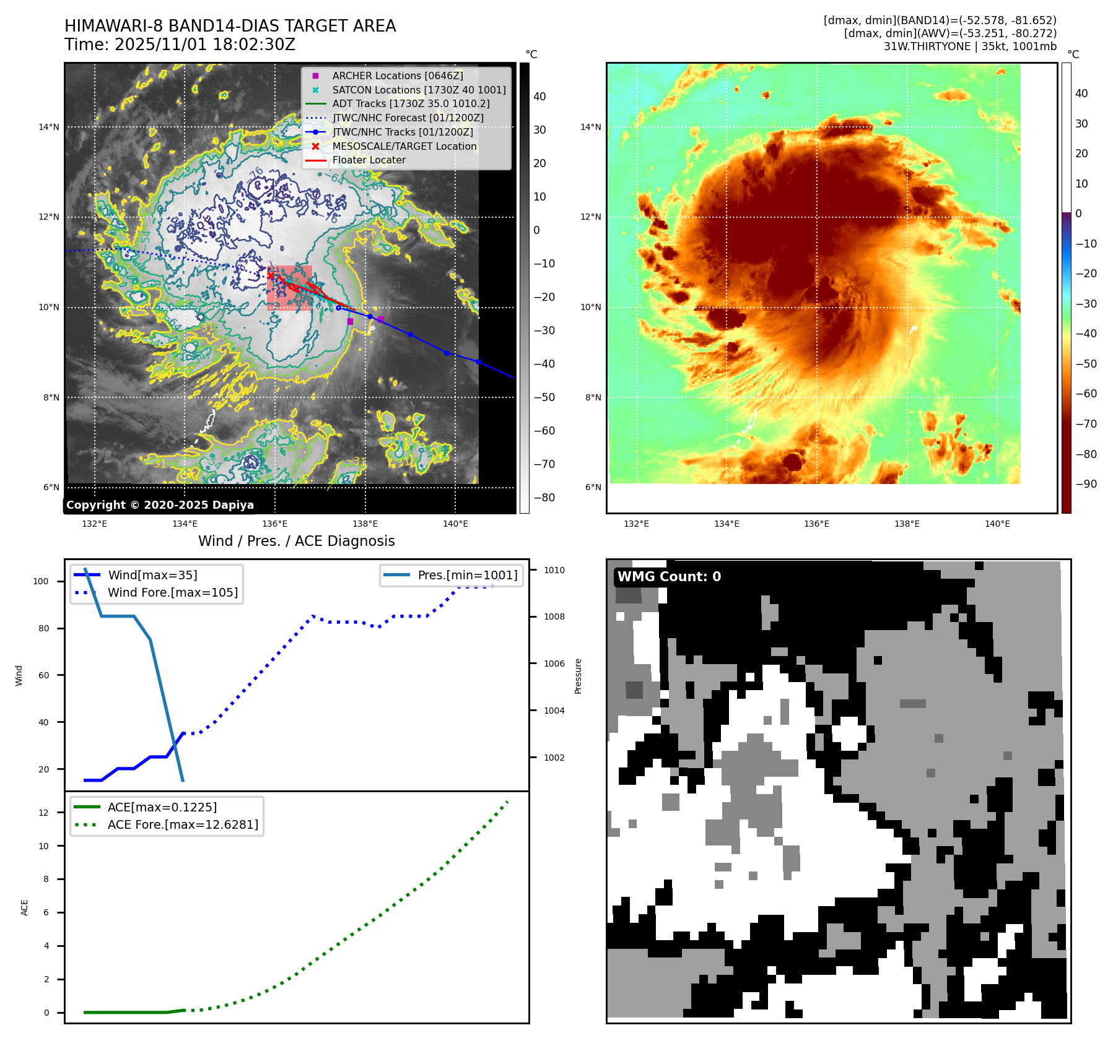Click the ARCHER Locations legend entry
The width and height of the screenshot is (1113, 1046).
397,76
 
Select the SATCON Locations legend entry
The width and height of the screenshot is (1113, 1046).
419,90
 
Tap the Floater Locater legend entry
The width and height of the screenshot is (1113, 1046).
369,160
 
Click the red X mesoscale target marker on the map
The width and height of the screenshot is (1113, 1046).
270,275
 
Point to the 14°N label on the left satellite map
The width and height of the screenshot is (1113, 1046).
49,128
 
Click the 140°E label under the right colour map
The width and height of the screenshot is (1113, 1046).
997,524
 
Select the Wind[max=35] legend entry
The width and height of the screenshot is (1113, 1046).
152,575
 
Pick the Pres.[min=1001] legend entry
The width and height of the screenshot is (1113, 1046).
467,575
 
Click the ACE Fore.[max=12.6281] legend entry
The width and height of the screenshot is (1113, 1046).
182,824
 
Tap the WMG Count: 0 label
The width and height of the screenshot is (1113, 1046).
669,577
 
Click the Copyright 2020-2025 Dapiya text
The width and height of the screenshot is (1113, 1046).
160,505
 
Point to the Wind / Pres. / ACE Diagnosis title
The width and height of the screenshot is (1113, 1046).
296,541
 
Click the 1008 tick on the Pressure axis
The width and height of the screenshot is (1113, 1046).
554,616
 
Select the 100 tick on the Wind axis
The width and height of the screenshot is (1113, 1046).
41,581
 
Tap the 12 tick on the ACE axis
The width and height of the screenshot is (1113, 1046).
43,813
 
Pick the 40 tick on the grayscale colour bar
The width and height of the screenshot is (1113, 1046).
539,97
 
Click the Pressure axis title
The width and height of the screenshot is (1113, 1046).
578,676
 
